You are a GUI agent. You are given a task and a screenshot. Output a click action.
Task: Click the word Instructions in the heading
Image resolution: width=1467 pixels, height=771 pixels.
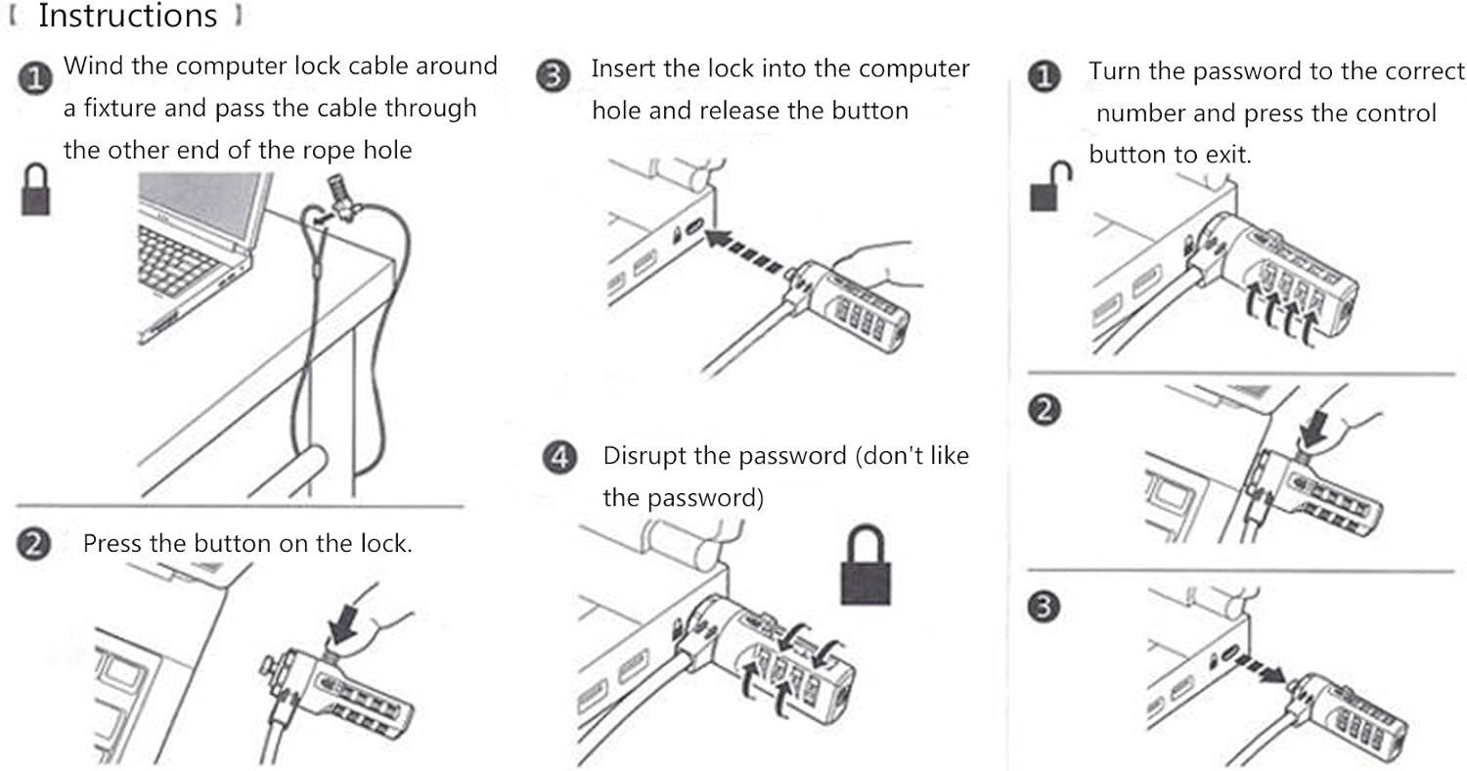pyautogui.click(x=128, y=17)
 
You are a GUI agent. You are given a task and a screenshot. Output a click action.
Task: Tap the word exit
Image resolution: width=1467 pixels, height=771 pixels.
pyautogui.click(x=1226, y=156)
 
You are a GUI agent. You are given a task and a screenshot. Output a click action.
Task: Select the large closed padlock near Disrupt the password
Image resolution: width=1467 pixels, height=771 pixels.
pyautogui.click(x=868, y=567)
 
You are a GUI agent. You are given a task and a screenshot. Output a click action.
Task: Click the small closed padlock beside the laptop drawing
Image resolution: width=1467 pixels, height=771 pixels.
pyautogui.click(x=36, y=190)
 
